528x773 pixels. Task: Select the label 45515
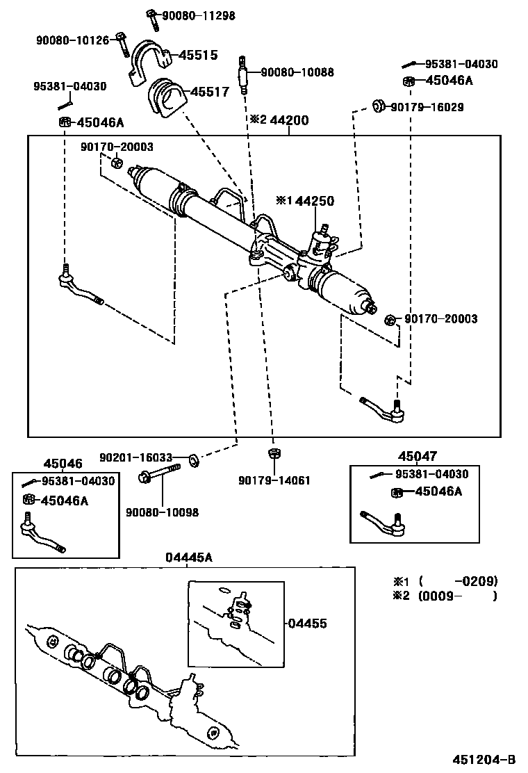(x=199, y=55)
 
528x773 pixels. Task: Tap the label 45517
(x=209, y=91)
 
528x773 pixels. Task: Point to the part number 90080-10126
(x=73, y=40)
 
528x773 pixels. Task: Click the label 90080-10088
(x=297, y=72)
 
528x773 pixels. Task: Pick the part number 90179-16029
(x=427, y=107)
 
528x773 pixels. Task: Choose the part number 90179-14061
(x=274, y=480)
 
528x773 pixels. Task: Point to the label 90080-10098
(x=162, y=512)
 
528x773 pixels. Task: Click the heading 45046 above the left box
(x=63, y=464)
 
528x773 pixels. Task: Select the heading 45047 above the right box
(x=418, y=457)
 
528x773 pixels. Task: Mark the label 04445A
(x=188, y=558)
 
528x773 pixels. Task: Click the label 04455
(x=308, y=624)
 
